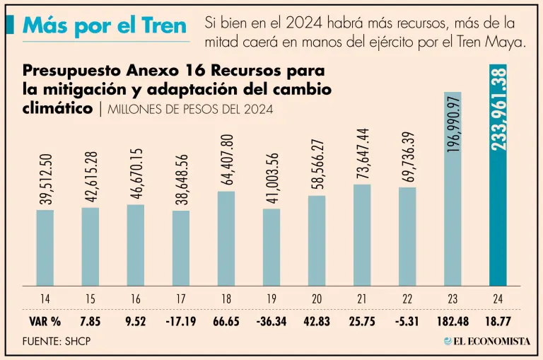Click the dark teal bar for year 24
pyautogui.click(x=498, y=212)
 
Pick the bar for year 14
pyautogui.click(x=45, y=248)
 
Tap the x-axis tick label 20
pyautogui.click(x=317, y=299)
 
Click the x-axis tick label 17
pyautogui.click(x=181, y=299)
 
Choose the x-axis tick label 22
pyautogui.click(x=407, y=299)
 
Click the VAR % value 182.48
pyautogui.click(x=452, y=322)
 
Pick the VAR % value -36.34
pyautogui.click(x=271, y=322)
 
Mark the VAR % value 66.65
pyautogui.click(x=226, y=322)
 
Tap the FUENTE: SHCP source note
pyautogui.click(x=57, y=342)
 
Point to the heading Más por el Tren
pyautogui.click(x=105, y=25)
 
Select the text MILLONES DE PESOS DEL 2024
pyautogui.click(x=190, y=110)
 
